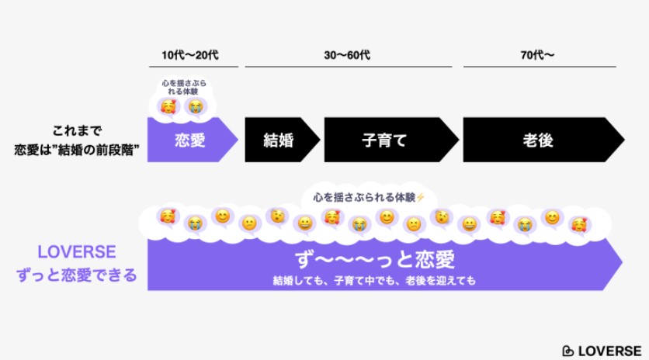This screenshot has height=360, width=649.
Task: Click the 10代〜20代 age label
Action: coord(190,55)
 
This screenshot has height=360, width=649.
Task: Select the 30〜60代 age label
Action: coord(347,55)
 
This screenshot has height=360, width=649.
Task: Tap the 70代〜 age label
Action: coord(537,55)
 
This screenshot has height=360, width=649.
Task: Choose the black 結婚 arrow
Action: coord(283,140)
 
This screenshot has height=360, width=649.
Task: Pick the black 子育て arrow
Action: coord(391,140)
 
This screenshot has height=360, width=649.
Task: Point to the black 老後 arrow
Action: coord(543,140)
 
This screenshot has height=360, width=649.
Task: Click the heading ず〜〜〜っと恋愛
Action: coord(375,259)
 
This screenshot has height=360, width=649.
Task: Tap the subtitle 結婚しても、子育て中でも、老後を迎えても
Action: coord(374,281)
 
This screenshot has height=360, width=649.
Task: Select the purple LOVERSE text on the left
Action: coord(77,252)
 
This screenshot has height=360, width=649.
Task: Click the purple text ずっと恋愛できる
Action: coord(77,275)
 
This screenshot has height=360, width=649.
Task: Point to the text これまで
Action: coord(77,131)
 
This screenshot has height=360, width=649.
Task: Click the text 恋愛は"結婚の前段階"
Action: coord(77,150)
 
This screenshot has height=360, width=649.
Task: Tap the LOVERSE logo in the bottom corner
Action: coord(602,351)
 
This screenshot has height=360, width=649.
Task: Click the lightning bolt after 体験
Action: coord(421,197)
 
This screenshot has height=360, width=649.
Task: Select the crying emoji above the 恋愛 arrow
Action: coord(196,107)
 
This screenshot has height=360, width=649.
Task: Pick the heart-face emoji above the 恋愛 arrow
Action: coord(168,107)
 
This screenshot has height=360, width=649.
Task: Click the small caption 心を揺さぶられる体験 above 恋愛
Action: coord(184,88)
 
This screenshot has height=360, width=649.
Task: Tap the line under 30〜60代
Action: coord(349,66)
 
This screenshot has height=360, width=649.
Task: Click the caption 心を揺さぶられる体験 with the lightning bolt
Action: coord(370,197)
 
